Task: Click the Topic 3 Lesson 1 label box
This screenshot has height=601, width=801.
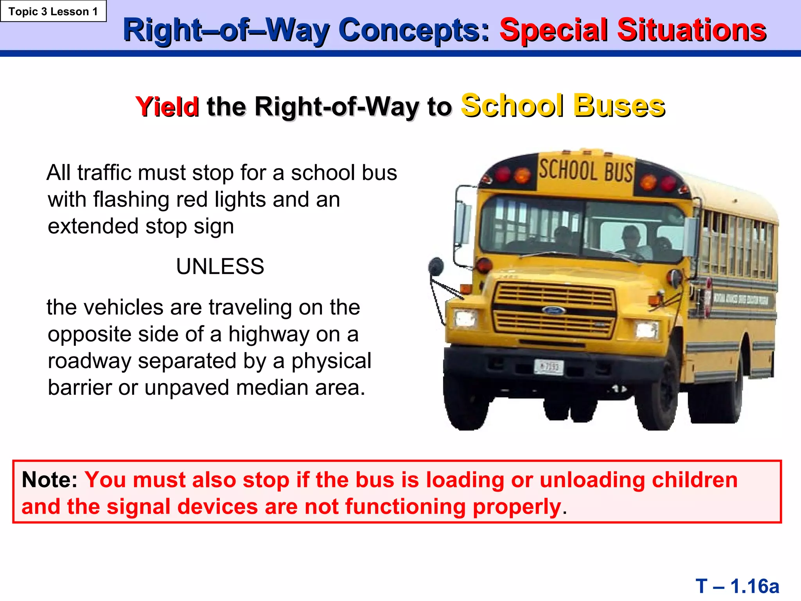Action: tap(53, 11)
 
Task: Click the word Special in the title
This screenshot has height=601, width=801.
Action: tap(554, 30)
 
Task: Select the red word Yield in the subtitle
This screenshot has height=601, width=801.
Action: tap(167, 107)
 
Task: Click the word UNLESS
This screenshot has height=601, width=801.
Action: tap(220, 266)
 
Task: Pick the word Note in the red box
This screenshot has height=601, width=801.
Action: tap(49, 480)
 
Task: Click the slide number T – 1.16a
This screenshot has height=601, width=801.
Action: tap(737, 586)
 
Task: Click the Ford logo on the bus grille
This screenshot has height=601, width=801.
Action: tap(553, 311)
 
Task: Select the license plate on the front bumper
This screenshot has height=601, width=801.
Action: tap(548, 367)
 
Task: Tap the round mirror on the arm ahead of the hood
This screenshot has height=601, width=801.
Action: tap(436, 266)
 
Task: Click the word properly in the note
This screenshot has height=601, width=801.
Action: tap(517, 507)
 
